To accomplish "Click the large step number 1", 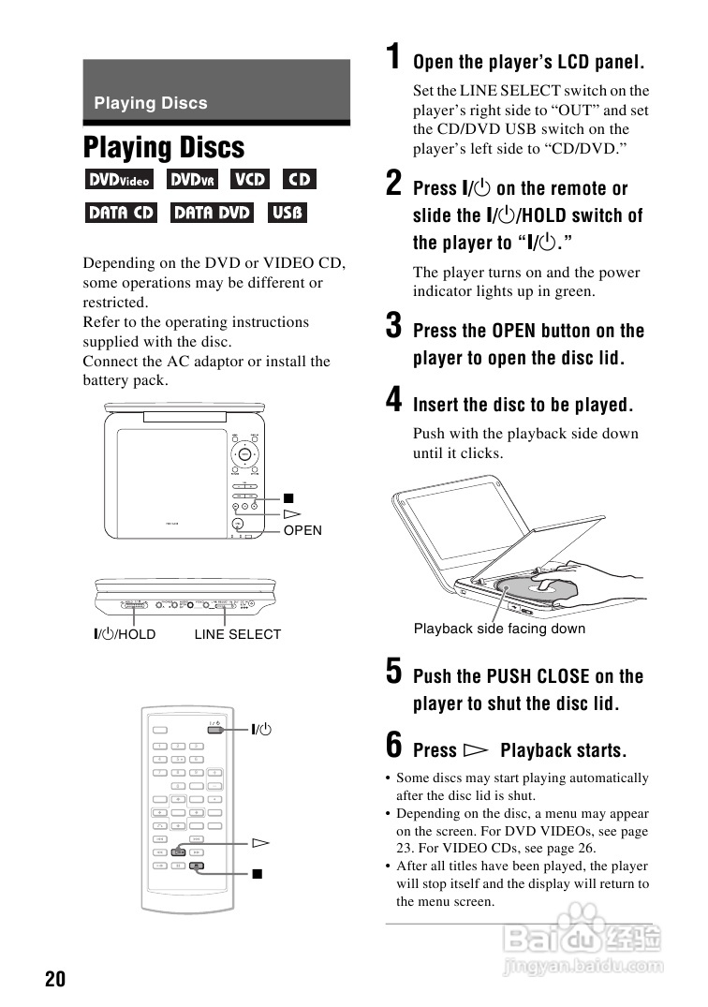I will tap(396, 58).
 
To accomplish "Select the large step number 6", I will tap(396, 747).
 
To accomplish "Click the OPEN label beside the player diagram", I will tap(302, 531).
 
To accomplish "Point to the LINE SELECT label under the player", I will tap(238, 635).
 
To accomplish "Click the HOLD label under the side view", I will tap(136, 635).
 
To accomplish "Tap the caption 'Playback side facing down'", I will tap(499, 629).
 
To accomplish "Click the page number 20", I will tap(55, 980).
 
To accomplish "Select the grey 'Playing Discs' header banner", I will tap(216, 91).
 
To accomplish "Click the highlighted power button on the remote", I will tap(217, 729).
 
